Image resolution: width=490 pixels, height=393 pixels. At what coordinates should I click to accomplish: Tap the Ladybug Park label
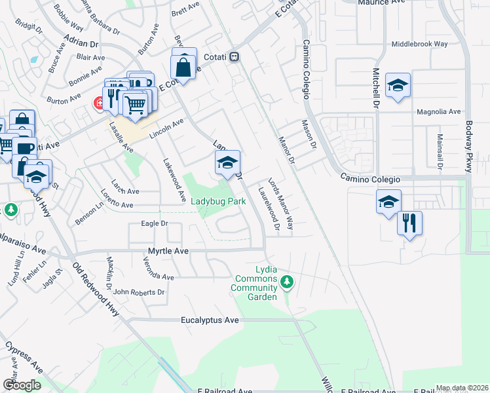point(218,202)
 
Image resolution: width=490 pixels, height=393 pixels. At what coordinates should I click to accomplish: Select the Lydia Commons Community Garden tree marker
point(286,283)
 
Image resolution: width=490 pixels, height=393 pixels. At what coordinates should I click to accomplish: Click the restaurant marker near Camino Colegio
point(409,223)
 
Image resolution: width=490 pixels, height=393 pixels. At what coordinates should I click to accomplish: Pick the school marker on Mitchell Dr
point(397,85)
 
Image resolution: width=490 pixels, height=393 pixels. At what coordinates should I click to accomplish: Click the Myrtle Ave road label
point(167,251)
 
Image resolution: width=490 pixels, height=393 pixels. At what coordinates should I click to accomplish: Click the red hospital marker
point(99,103)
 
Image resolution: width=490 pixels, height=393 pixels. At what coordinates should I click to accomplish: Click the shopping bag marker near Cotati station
point(183,67)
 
